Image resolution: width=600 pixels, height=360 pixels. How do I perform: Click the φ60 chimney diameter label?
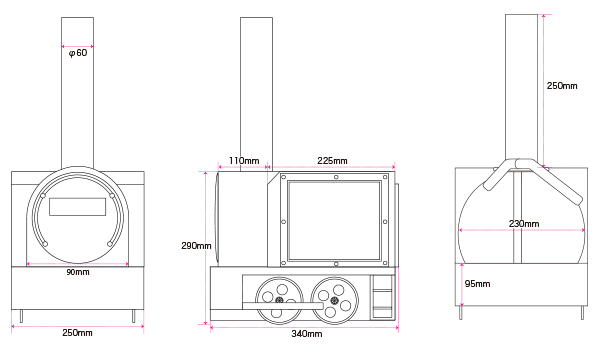click(x=78, y=53)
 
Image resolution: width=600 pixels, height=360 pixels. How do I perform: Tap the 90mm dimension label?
click(x=78, y=272)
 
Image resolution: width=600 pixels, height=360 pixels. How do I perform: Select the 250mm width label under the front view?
click(x=77, y=332)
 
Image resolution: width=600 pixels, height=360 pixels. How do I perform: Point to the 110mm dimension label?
click(x=244, y=161)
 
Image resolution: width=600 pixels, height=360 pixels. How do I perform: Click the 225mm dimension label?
click(x=332, y=161)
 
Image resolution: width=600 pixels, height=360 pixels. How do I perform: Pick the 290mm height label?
click(x=196, y=246)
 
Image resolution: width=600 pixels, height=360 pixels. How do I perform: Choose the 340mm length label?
click(x=307, y=334)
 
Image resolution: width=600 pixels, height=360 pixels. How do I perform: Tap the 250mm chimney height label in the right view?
click(x=562, y=86)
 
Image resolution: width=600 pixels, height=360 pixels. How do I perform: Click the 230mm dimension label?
click(x=524, y=223)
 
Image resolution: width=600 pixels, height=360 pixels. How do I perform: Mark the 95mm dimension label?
click(x=477, y=283)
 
